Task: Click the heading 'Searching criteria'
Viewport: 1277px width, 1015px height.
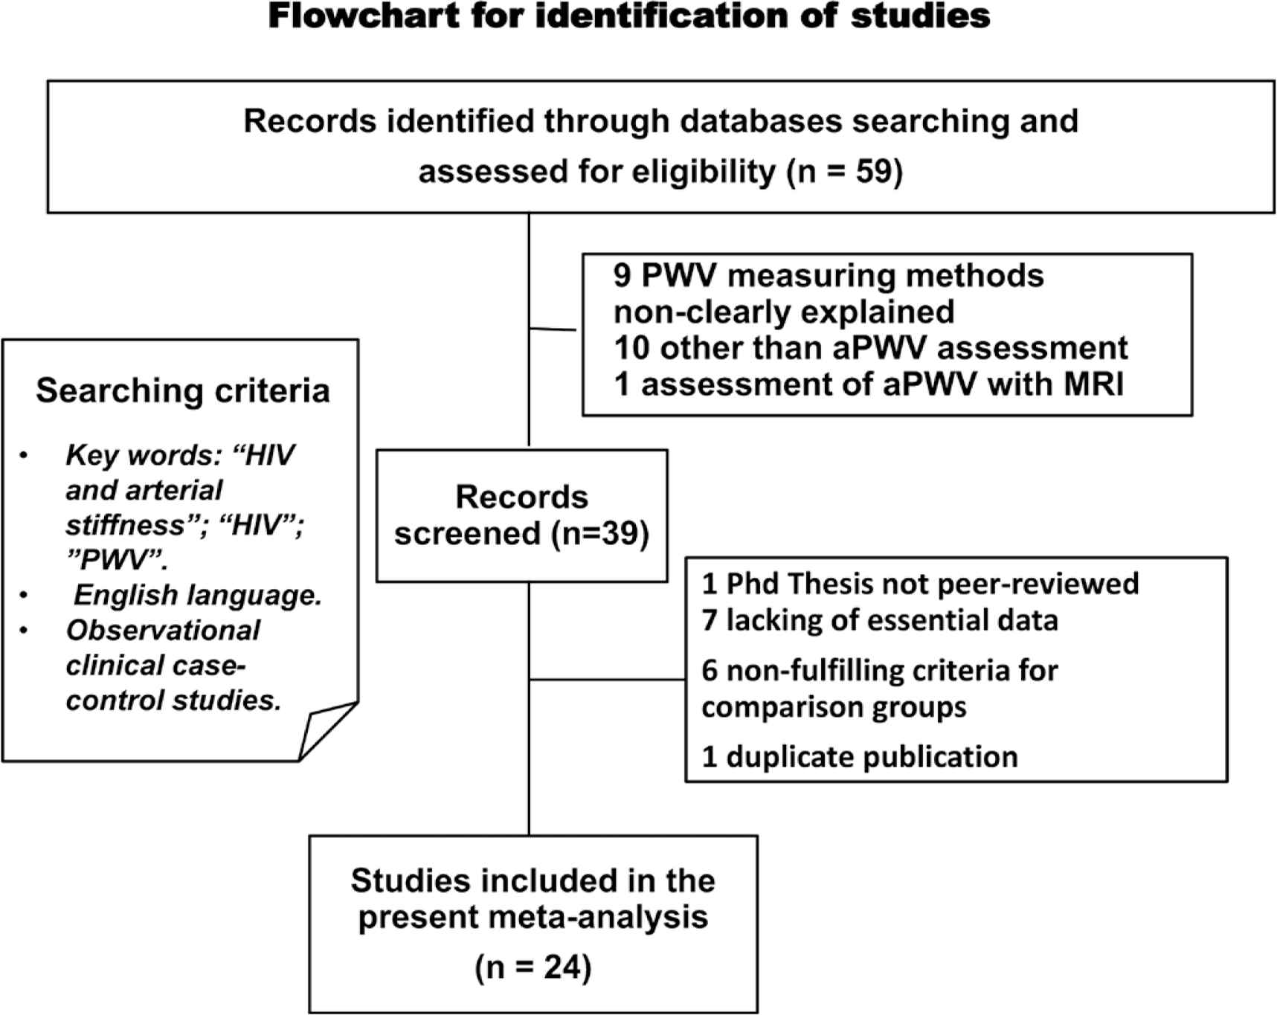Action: pos(183,391)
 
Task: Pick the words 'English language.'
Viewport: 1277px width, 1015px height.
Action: pos(198,595)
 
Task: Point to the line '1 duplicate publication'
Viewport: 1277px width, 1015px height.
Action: pos(860,757)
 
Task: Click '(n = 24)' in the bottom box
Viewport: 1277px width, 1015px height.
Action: pos(533,968)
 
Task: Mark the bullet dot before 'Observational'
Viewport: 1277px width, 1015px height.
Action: pos(25,631)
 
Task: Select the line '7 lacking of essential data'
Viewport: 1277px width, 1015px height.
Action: pos(880,620)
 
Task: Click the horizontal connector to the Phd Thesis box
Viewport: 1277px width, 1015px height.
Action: pos(607,680)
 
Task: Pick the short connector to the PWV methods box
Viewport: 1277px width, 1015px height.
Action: pos(553,329)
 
